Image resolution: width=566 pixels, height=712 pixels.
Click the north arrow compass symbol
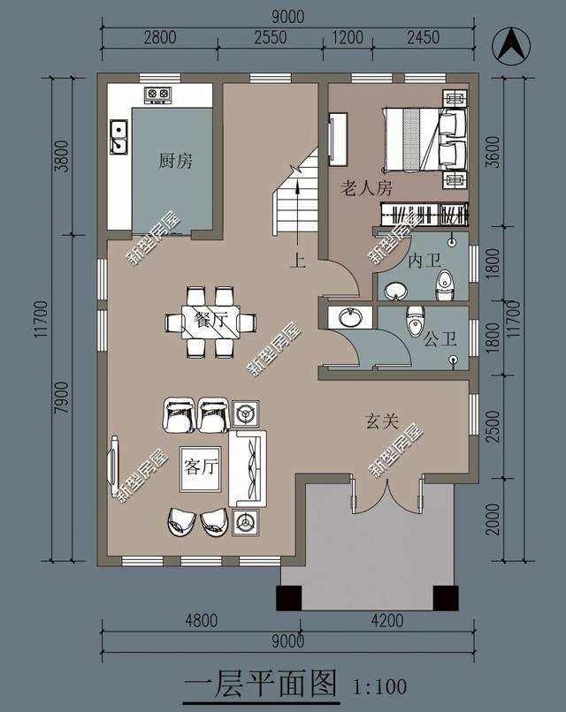pos(511,45)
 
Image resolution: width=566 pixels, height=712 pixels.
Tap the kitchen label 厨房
pos(175,161)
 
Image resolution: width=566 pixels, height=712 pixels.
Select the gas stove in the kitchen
pos(158,95)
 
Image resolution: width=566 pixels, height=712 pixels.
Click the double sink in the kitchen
pos(119,137)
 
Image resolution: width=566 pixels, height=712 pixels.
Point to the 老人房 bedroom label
pos(366,187)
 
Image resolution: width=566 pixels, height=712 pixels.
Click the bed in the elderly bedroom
pos(424,139)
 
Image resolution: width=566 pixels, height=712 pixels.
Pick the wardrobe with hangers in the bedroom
pos(424,214)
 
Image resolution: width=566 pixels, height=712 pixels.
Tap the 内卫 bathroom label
pos(424,261)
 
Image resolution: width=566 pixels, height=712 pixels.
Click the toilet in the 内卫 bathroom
pos(444,284)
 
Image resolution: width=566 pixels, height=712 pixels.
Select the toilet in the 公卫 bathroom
pos(415,321)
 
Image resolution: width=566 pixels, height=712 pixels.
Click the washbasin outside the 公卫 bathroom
pos(349,317)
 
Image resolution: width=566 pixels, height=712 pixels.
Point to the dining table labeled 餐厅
pos(210,322)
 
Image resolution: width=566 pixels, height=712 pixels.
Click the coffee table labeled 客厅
pos(201,469)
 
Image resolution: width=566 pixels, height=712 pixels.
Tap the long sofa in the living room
pos(248,468)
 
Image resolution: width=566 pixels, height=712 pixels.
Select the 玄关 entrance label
pos(382,422)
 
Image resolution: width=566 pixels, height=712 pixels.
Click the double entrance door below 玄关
pos(386,495)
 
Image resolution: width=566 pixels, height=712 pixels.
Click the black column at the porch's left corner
pos(289,598)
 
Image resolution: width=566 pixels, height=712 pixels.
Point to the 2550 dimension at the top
pos(270,37)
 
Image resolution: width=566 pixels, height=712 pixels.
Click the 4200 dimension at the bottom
pos(387,620)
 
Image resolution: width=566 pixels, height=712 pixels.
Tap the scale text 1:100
pos(379,686)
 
